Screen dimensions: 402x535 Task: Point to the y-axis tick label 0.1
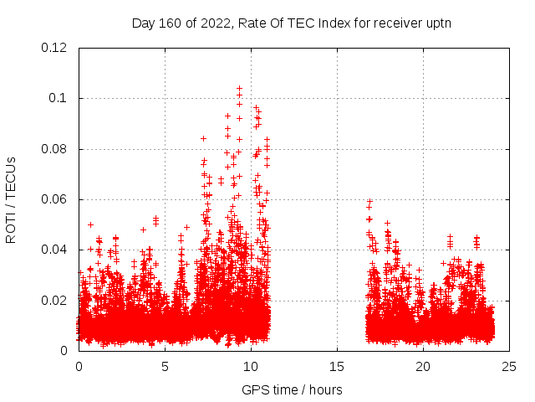(58, 98)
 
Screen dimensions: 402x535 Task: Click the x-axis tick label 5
(165, 367)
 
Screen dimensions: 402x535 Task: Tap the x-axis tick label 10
(251, 367)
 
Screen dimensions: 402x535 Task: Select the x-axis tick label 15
(338, 367)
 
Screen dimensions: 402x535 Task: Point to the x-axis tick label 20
(424, 367)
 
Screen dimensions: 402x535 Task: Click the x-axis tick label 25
(510, 367)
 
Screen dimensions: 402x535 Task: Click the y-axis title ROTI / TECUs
(11, 199)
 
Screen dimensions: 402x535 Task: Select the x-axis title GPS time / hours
(292, 389)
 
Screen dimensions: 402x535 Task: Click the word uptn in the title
(438, 23)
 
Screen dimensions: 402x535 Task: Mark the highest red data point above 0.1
(239, 87)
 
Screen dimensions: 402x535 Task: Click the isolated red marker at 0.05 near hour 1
(90, 224)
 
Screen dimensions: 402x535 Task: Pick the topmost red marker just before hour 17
(369, 201)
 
